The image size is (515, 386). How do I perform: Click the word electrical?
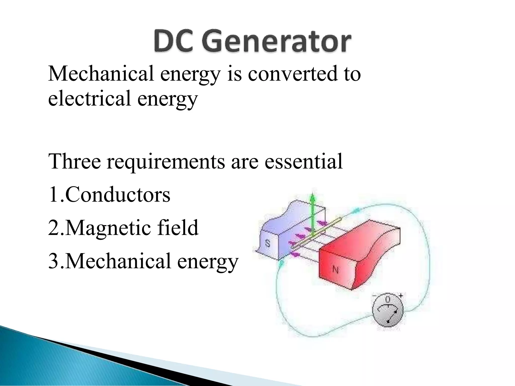pos(89,99)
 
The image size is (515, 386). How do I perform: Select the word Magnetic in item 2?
pos(108,228)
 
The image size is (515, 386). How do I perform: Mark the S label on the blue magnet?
pos(268,244)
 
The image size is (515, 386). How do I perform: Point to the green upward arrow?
pos(313,214)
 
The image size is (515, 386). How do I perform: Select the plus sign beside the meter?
pos(401,296)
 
